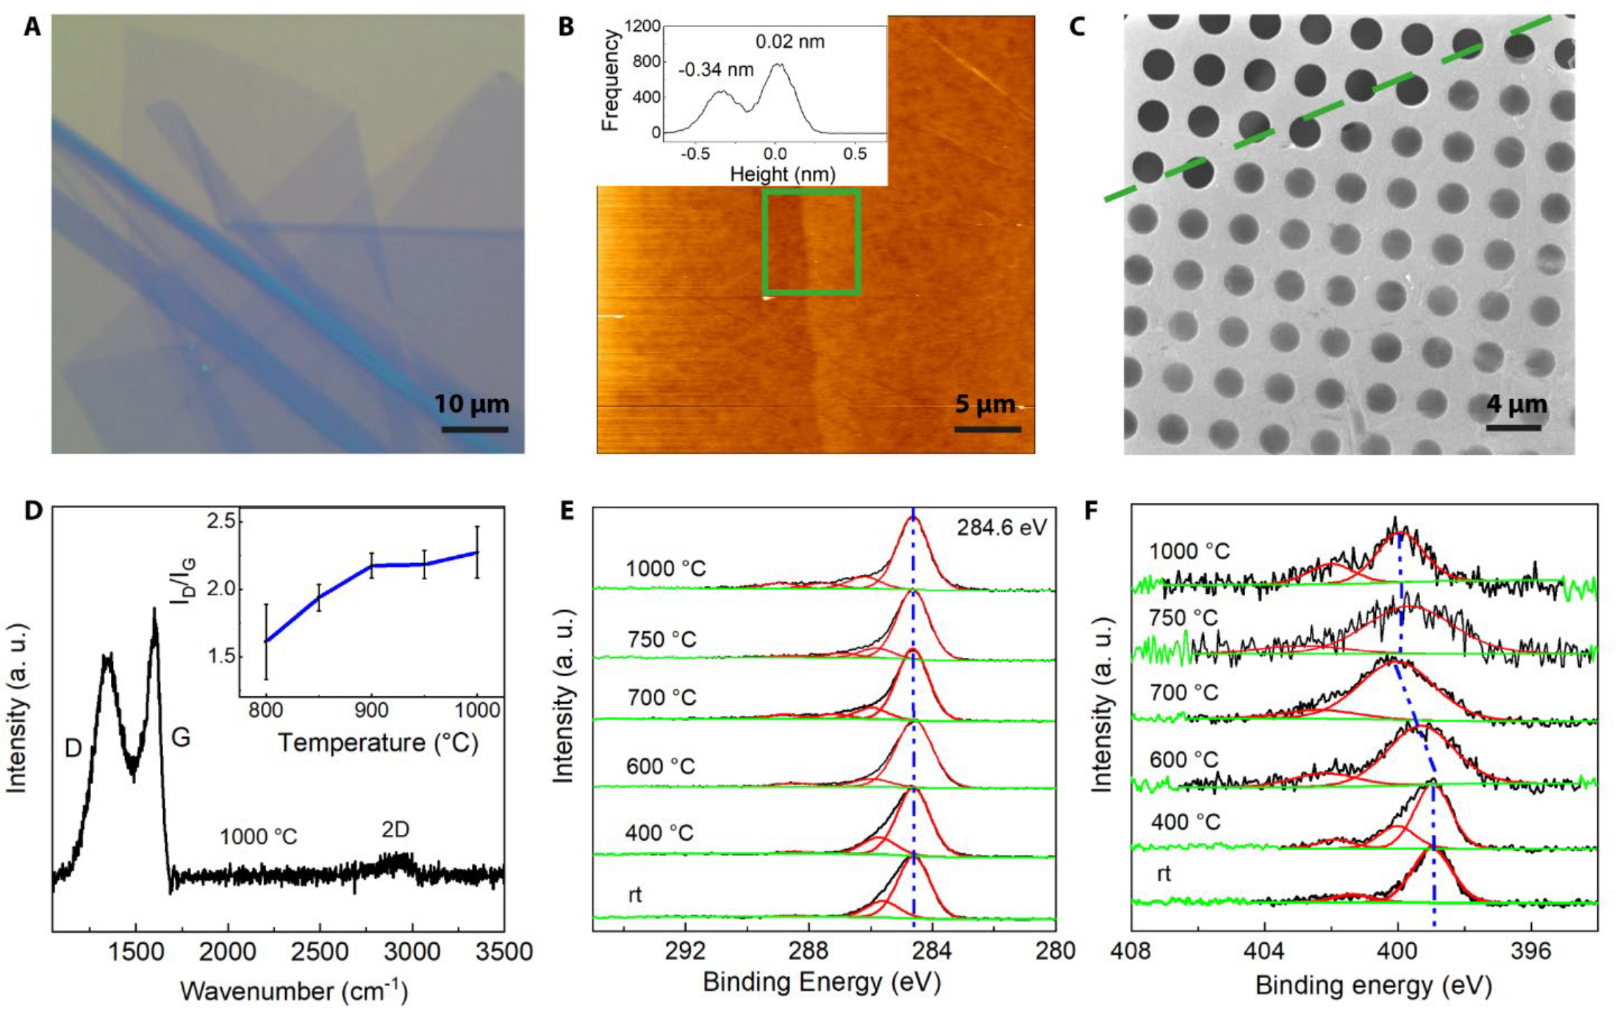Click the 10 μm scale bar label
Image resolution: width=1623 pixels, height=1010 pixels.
tap(471, 404)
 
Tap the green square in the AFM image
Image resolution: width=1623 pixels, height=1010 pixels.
tap(811, 242)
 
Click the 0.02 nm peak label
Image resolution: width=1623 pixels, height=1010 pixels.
tap(790, 42)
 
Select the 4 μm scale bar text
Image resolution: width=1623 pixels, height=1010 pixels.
tap(1517, 404)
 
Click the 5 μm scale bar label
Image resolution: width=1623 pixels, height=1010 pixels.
tap(985, 404)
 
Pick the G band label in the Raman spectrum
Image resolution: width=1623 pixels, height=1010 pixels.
tap(180, 737)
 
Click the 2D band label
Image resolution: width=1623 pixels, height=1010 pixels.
tap(395, 830)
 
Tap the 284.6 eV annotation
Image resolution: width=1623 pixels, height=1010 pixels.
tap(1001, 527)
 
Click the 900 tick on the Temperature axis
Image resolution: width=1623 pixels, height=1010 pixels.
tap(372, 710)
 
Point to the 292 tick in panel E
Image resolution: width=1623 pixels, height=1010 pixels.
tap(686, 950)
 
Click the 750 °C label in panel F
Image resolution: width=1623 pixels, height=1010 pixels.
tap(1183, 618)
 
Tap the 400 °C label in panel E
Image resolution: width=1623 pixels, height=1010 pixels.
tap(659, 834)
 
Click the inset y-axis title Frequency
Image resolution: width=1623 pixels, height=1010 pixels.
tap(609, 82)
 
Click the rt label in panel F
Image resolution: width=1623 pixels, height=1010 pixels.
tap(1164, 874)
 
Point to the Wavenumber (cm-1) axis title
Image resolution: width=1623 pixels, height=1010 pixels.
tap(294, 990)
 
